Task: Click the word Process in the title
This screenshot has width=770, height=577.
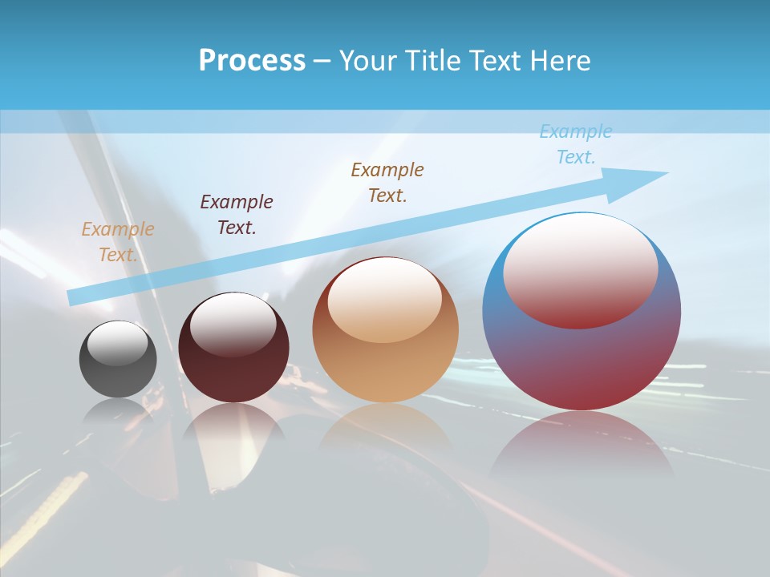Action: tap(252, 61)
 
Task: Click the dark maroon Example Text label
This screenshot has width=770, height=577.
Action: tap(237, 215)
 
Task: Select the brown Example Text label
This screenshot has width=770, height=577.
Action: tap(387, 183)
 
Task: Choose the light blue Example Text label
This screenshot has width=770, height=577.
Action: tap(576, 144)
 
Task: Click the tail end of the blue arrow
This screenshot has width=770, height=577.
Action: tap(74, 297)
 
